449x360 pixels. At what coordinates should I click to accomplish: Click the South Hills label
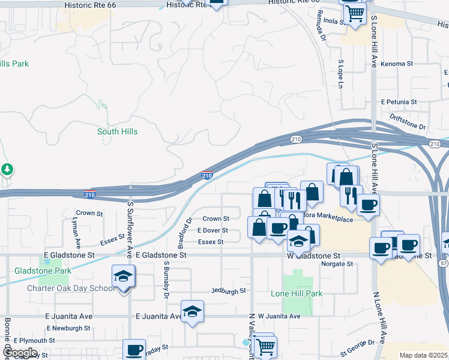(117, 131)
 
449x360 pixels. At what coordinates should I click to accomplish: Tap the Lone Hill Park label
(297, 293)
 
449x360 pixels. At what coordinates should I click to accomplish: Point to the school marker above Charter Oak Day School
(124, 277)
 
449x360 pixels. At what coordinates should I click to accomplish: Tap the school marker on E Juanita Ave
(192, 312)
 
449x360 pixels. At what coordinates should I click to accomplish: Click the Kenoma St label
(397, 63)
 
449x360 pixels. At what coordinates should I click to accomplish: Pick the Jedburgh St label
(229, 291)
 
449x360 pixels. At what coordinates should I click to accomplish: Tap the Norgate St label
(337, 263)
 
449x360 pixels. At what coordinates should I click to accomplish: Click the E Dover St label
(212, 230)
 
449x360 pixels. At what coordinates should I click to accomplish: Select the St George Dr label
(357, 347)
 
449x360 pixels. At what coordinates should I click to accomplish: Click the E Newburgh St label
(68, 328)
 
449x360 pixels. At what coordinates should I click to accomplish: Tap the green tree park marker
(7, 170)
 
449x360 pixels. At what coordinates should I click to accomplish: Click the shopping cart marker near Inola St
(355, 13)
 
